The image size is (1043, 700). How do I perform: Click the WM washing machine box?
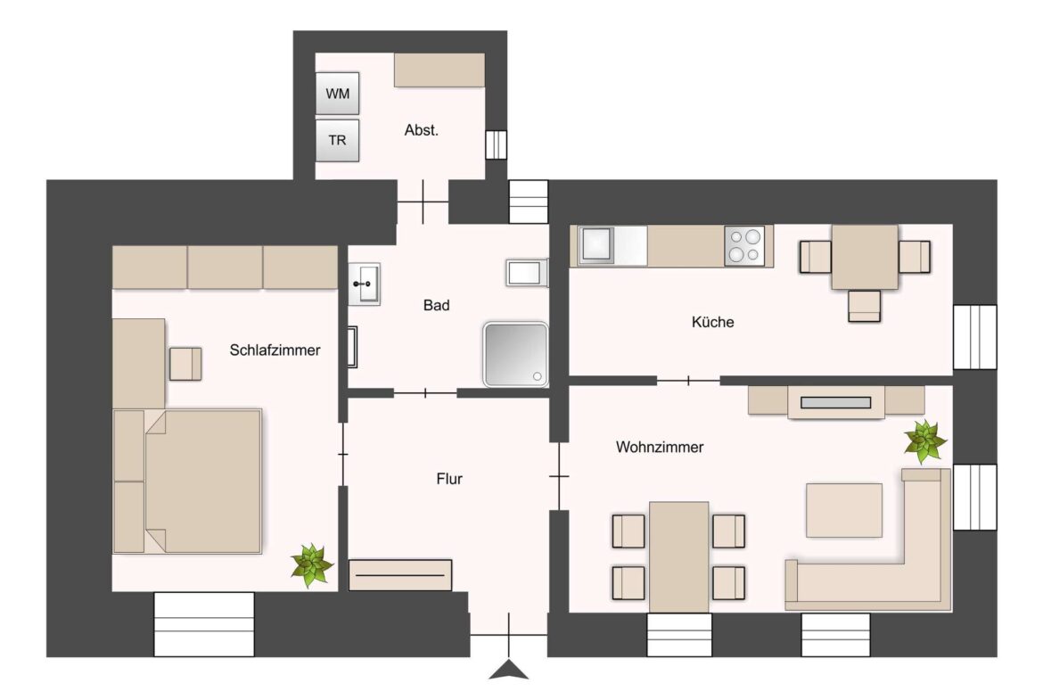(x=338, y=94)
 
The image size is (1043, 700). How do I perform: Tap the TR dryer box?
(x=338, y=140)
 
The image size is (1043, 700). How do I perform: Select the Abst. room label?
(x=422, y=129)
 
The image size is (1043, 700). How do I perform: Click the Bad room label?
(x=436, y=305)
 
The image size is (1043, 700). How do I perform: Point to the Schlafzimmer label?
(x=275, y=350)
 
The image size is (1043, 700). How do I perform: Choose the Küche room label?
(x=713, y=322)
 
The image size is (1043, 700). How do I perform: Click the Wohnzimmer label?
(x=660, y=447)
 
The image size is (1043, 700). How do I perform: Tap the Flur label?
(x=449, y=479)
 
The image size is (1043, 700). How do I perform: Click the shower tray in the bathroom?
(x=515, y=354)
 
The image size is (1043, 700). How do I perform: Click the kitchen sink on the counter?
(x=595, y=244)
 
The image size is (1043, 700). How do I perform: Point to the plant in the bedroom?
(x=312, y=565)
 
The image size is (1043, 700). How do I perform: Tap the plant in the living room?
(x=925, y=441)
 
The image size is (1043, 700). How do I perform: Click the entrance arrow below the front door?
(x=509, y=670)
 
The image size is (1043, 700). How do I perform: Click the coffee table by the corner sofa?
(x=843, y=510)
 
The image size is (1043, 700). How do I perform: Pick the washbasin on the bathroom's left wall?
(x=364, y=284)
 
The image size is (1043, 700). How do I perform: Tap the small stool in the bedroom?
(x=186, y=363)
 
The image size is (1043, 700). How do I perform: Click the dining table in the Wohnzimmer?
(x=679, y=556)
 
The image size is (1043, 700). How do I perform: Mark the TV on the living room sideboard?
(x=835, y=402)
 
